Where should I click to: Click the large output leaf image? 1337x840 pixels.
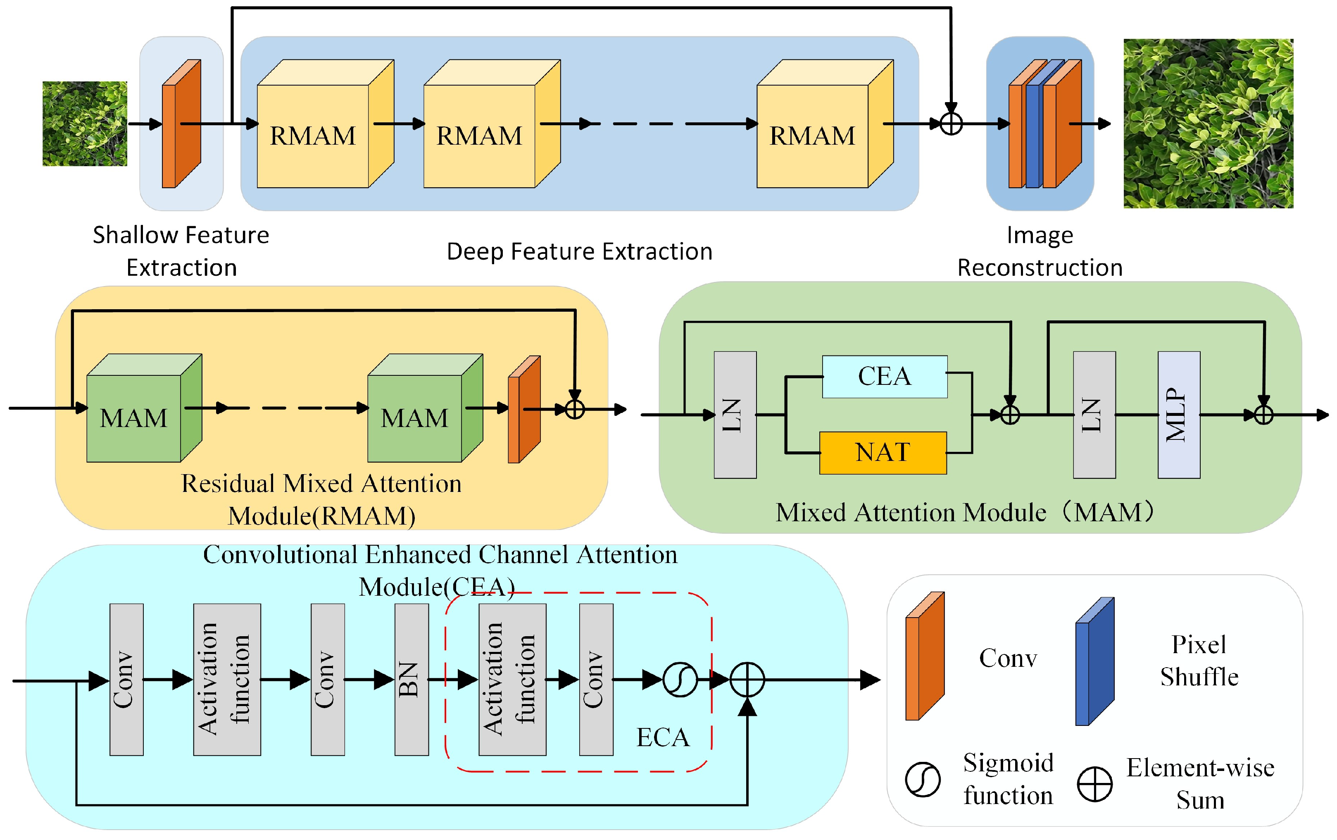pos(1208,123)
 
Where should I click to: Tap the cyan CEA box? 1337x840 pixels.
pos(885,377)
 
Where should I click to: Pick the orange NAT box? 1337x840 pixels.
pos(883,453)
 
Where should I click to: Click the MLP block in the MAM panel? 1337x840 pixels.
pos(1178,415)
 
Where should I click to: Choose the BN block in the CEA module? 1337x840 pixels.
pos(412,680)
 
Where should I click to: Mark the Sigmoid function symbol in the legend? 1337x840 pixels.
pos(922,780)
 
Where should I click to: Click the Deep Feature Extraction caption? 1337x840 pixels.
pos(579,252)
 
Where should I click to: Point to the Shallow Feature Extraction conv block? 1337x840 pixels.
pos(181,124)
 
